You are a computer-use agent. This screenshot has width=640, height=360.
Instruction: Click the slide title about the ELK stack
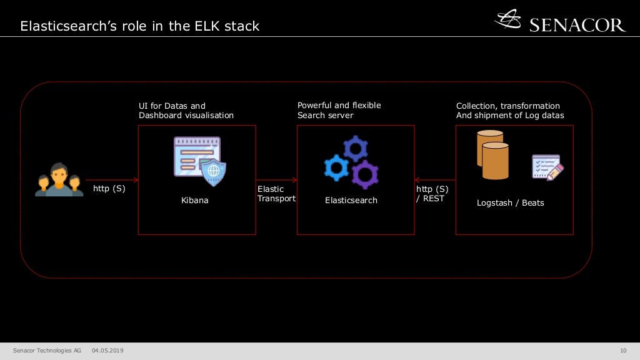tap(139, 26)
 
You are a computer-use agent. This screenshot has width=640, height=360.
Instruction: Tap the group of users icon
tap(59, 179)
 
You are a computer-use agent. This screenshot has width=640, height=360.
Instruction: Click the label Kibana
tap(195, 201)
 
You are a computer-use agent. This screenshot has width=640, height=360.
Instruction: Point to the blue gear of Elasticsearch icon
tap(336, 168)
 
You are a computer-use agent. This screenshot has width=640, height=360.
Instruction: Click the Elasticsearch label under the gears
tap(351, 201)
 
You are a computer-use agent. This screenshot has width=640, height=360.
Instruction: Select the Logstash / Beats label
tap(510, 203)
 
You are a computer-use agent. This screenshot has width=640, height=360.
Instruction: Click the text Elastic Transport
tap(276, 194)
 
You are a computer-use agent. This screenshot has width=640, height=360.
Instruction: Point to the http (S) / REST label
tap(432, 194)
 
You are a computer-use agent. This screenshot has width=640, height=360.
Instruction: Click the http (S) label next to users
tap(109, 188)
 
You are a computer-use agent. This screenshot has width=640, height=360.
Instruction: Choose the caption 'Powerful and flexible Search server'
tap(339, 110)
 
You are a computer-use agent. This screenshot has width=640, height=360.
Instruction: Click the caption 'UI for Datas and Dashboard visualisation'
tap(186, 111)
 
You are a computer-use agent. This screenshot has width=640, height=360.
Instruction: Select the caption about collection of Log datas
tap(509, 111)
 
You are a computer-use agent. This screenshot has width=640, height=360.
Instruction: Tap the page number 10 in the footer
tap(622, 351)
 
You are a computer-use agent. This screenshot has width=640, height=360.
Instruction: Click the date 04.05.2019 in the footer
tap(107, 351)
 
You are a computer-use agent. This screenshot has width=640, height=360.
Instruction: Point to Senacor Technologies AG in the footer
tap(47, 351)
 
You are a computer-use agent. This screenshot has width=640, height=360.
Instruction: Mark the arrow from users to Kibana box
tap(112, 179)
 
